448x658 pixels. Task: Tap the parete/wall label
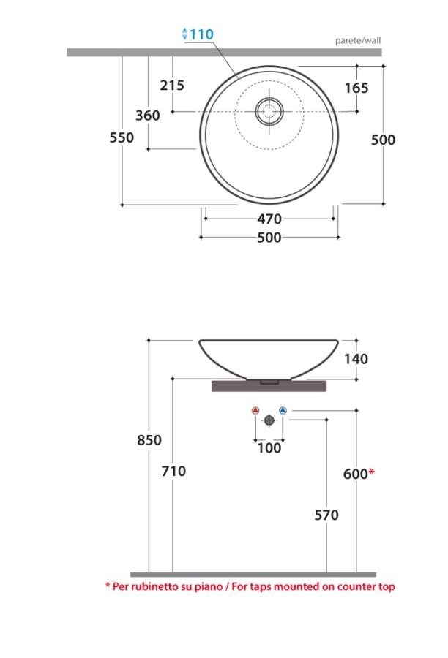358,41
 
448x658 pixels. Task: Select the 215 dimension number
172,86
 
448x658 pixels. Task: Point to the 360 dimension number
148,116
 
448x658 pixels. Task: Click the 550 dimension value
122,137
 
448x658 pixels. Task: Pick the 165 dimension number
356,88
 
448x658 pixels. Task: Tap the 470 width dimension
269,219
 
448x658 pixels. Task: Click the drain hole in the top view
269,111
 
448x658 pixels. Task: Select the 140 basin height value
356,359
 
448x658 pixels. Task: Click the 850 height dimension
149,440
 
